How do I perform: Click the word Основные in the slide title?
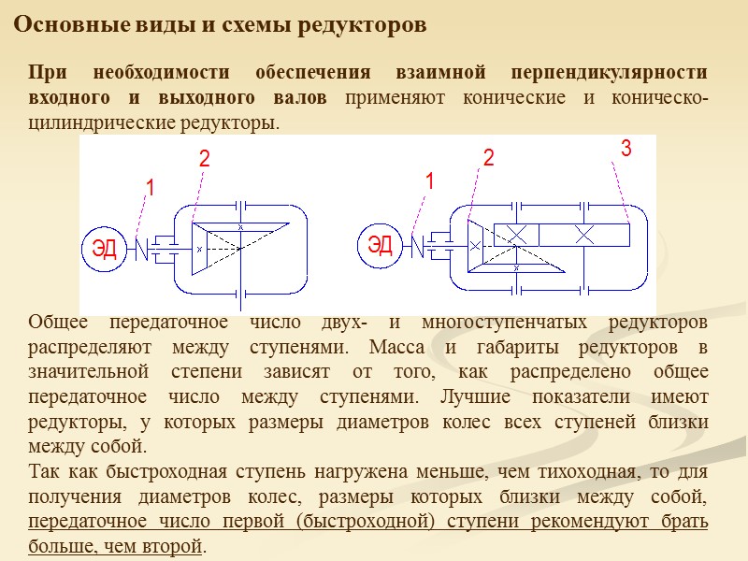[58, 25]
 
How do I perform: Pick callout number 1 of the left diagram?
[149, 190]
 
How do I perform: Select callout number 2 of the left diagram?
[204, 161]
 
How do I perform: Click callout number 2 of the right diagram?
[488, 159]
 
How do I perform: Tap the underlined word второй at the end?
[176, 544]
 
